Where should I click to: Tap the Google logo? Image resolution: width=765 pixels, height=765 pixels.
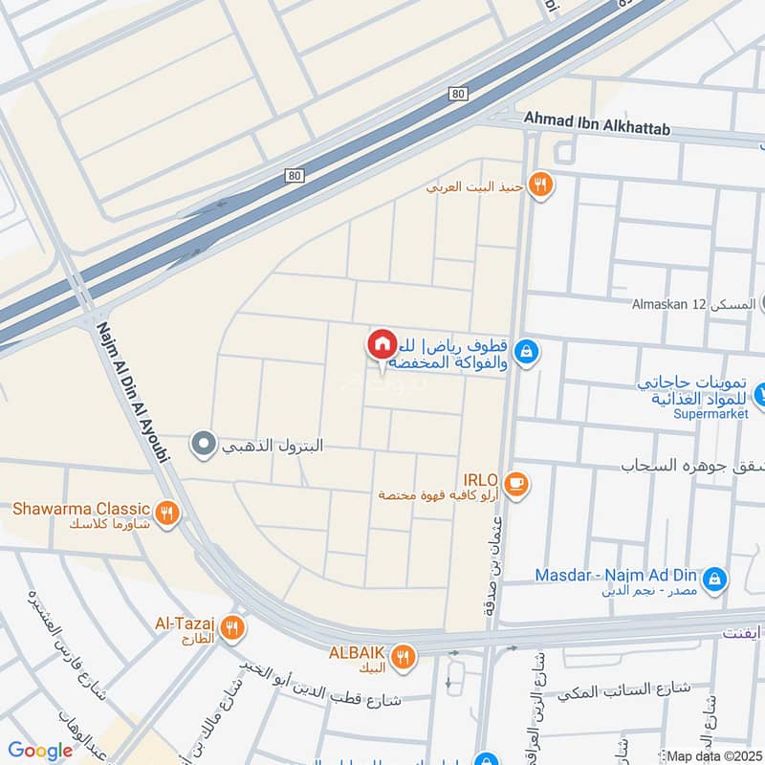tap(42, 750)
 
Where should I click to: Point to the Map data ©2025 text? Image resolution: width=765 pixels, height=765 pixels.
tap(711, 754)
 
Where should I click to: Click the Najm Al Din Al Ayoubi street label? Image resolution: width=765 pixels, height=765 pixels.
tap(133, 393)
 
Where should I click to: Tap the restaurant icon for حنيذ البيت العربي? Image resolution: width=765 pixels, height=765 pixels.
tap(541, 186)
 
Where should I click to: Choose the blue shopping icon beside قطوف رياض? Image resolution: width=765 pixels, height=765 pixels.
tap(525, 353)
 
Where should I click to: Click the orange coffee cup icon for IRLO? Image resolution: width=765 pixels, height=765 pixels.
tap(516, 484)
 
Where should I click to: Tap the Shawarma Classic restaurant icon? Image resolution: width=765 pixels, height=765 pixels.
tap(167, 514)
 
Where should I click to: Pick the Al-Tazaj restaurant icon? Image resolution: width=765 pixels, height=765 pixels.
tap(230, 628)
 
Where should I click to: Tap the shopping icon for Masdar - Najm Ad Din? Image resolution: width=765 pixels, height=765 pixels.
tap(712, 578)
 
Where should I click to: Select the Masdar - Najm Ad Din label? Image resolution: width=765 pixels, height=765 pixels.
tap(616, 576)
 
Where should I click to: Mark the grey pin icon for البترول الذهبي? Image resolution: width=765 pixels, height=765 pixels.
tap(203, 445)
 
